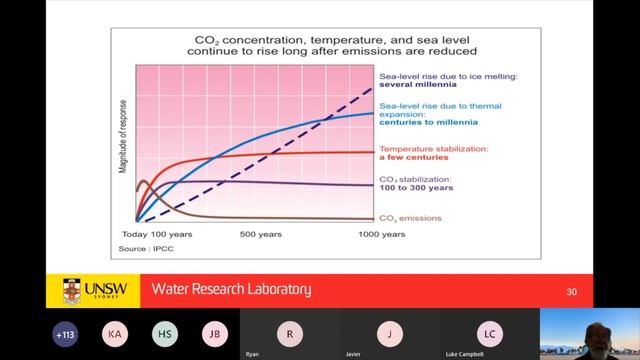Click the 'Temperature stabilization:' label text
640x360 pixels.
point(433,149)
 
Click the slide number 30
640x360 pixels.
point(572,291)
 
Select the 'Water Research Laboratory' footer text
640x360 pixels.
point(231,290)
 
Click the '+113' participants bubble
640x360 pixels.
point(66,333)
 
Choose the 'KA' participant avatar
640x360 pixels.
point(115,333)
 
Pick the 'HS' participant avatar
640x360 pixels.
point(165,333)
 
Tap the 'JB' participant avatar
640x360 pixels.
point(214,333)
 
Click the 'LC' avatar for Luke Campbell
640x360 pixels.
point(489,333)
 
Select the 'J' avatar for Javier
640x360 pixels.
point(389,333)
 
